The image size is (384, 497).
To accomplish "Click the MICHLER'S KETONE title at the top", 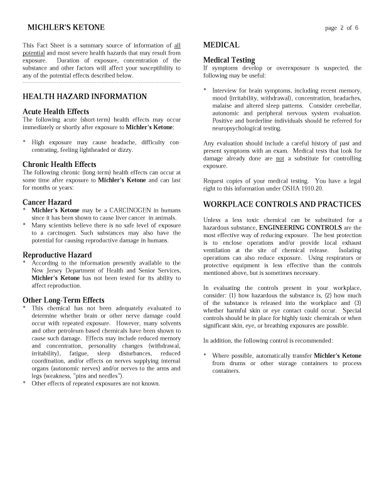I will [x=66, y=28].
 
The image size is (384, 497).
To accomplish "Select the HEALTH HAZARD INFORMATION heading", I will [x=85, y=97].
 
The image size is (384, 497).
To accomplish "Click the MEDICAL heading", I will [x=221, y=45].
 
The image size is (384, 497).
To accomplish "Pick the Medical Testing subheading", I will [x=229, y=60].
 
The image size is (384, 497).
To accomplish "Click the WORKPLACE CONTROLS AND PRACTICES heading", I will [x=282, y=205].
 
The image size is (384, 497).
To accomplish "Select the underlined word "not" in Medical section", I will [x=280, y=159].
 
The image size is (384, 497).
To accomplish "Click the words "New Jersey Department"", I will [x=62, y=270].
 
